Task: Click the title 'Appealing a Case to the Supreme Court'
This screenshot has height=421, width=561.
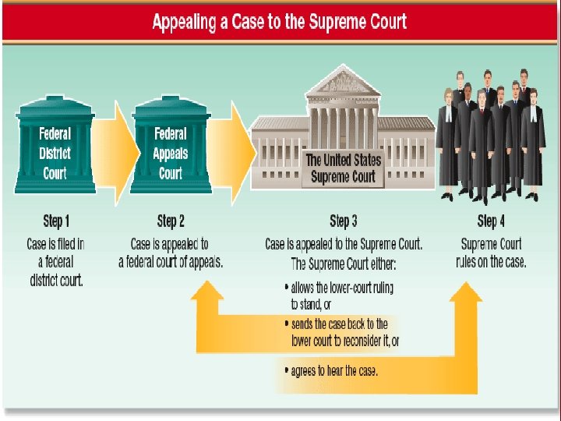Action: click(279, 22)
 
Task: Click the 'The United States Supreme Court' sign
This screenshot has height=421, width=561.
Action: click(343, 168)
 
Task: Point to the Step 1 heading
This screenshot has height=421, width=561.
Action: click(55, 221)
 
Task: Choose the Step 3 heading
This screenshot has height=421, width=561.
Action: click(344, 221)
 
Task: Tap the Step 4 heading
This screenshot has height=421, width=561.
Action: click(491, 221)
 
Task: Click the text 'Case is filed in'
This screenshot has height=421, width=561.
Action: click(55, 244)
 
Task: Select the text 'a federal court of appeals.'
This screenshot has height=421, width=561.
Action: click(171, 262)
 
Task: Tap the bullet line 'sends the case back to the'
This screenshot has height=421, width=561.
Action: click(340, 324)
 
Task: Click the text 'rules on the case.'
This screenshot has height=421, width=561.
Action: click(491, 262)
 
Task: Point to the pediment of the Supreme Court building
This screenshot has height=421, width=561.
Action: click(343, 83)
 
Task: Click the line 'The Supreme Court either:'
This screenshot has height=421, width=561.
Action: click(343, 263)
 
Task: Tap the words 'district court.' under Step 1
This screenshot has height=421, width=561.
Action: click(55, 280)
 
